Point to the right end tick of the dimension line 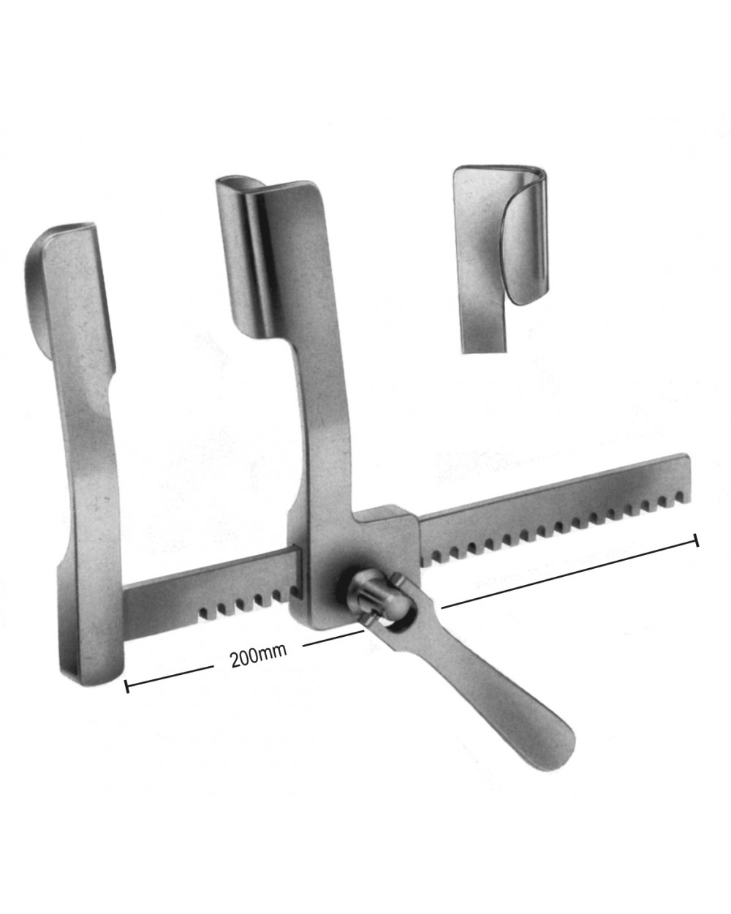point(697,540)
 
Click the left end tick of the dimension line point(127,687)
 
